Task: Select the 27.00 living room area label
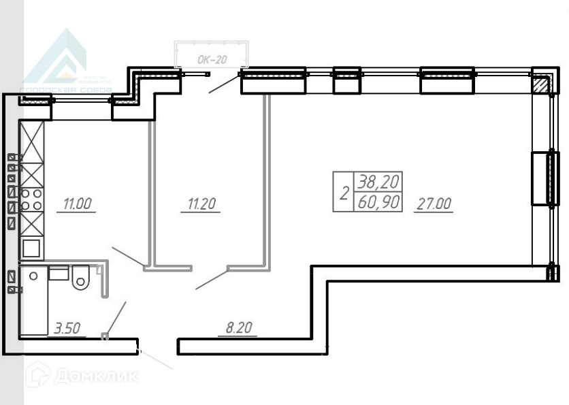(434, 203)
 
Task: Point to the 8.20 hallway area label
(238, 328)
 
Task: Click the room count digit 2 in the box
(344, 193)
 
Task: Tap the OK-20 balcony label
(212, 60)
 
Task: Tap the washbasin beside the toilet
(59, 274)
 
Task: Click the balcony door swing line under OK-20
(224, 82)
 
